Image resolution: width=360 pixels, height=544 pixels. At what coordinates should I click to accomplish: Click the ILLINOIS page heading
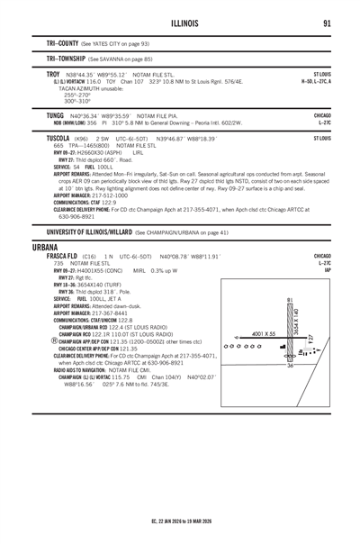[x=180, y=24]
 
